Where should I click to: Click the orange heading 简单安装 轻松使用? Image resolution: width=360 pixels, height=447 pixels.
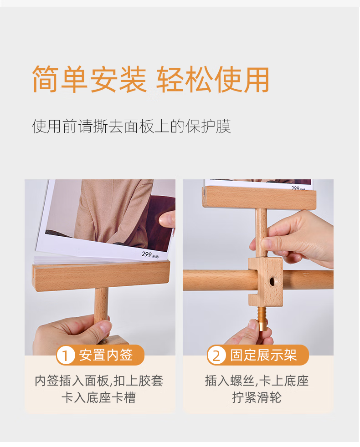pos(150,79)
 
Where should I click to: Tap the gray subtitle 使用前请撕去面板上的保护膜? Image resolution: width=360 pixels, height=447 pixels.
pos(131,126)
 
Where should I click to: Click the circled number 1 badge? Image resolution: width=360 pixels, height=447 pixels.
pos(66,355)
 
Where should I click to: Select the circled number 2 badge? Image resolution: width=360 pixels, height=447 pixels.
pos(216,355)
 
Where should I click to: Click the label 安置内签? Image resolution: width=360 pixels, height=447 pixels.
pos(106,355)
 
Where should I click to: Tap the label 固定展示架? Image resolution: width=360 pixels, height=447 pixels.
pos(263,355)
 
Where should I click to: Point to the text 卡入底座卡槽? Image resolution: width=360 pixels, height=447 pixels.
pos(98,397)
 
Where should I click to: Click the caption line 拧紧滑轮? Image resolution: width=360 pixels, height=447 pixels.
pos(257,397)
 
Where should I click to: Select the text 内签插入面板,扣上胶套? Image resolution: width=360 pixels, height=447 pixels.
pos(99,381)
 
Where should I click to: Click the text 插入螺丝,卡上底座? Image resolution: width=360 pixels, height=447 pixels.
pos(257,381)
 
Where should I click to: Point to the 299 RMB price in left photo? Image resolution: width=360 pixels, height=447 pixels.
pos(150,254)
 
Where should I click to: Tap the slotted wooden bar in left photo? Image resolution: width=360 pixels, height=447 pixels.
pos(101,276)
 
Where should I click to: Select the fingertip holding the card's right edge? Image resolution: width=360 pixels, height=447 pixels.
pos(166,219)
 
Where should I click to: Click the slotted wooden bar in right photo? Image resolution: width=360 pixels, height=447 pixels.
pos(259,198)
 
